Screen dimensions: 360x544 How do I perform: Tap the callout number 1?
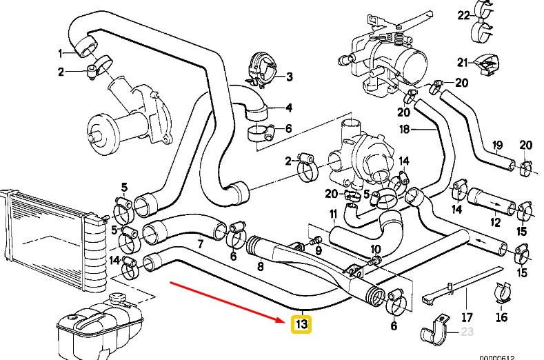click(61, 53)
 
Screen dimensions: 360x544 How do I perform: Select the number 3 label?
click(290, 77)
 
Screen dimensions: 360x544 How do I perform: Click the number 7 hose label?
click(200, 244)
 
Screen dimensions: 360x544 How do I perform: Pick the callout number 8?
click(260, 266)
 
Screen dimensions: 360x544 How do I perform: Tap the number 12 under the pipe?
click(494, 223)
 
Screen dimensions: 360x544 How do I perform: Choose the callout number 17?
click(467, 318)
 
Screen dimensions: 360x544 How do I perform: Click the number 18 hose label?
click(405, 129)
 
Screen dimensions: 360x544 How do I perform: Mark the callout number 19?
click(495, 145)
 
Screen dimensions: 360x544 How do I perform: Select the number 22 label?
click(463, 14)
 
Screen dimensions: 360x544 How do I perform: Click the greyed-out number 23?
click(468, 331)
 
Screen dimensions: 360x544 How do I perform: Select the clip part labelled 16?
click(503, 292)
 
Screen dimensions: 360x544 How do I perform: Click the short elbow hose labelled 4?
click(252, 103)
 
